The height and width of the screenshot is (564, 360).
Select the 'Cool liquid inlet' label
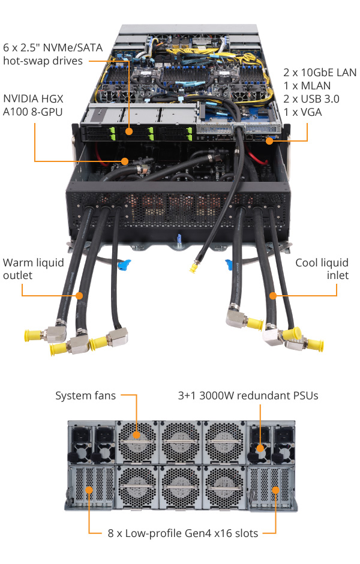(x=322, y=269)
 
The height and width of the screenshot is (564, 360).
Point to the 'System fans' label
(x=85, y=395)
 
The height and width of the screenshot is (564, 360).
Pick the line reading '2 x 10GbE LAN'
(x=320, y=73)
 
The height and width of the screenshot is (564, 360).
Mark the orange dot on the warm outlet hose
(x=80, y=295)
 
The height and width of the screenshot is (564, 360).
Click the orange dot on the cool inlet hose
(x=273, y=295)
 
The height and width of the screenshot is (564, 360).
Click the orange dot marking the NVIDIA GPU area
(x=125, y=161)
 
